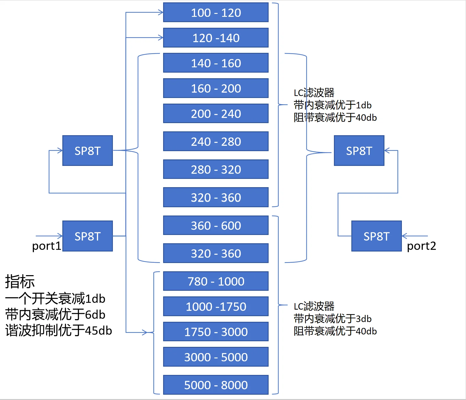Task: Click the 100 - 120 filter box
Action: click(x=216, y=12)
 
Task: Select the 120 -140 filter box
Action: click(x=216, y=37)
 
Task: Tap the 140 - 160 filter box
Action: click(x=216, y=63)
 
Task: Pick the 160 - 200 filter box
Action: click(x=216, y=88)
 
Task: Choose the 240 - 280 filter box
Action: click(x=216, y=141)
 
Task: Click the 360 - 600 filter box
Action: click(x=216, y=225)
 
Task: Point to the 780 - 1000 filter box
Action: click(x=216, y=281)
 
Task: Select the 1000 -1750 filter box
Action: click(x=216, y=306)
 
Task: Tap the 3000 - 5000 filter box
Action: click(x=216, y=357)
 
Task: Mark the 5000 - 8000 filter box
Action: click(x=216, y=385)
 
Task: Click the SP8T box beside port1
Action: click(x=87, y=236)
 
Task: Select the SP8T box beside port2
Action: click(x=376, y=236)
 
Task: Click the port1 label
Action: click(x=47, y=246)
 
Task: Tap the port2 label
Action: click(x=421, y=246)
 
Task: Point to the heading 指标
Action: click(x=20, y=282)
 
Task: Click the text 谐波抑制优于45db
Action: click(x=59, y=330)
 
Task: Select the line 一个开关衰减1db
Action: click(x=55, y=299)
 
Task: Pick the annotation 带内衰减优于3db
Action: click(x=332, y=319)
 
